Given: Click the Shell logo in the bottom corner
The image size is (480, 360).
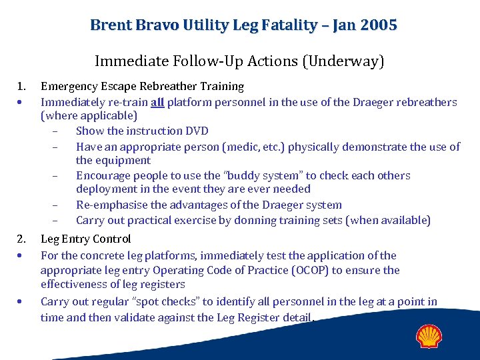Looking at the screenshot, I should pyautogui.click(x=429, y=336).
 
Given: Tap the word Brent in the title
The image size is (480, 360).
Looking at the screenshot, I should pyautogui.click(x=111, y=25).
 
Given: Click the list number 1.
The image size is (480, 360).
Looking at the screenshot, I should pyautogui.click(x=21, y=86).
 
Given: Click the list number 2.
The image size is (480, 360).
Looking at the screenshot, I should pyautogui.click(x=21, y=239).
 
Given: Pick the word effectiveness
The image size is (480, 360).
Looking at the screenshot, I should pyautogui.click(x=74, y=285).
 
